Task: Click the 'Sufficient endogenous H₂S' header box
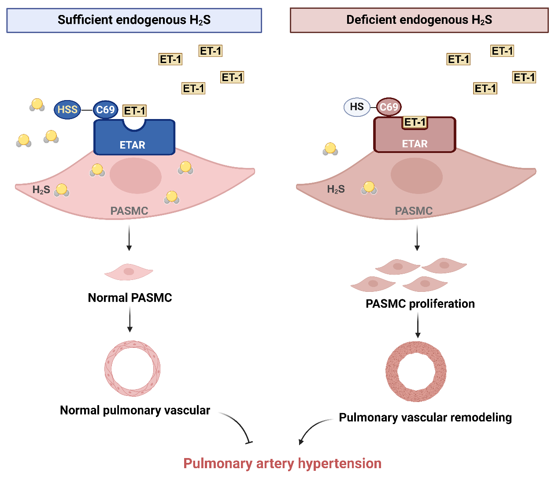pos(134,20)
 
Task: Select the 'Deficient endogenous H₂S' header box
pos(419,20)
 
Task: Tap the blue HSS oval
pos(67,110)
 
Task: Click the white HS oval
pos(356,107)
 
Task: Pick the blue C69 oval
pos(106,110)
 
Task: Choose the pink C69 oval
pos(389,107)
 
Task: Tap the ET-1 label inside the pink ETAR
pos(415,122)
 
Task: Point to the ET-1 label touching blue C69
pos(135,111)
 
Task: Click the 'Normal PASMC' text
pos(130,298)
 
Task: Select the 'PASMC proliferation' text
pos(420,304)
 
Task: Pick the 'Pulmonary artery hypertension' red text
pos(282,463)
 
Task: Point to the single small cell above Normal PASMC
pos(129,272)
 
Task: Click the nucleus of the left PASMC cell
pos(135,176)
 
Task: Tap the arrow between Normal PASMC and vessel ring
pos(130,319)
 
